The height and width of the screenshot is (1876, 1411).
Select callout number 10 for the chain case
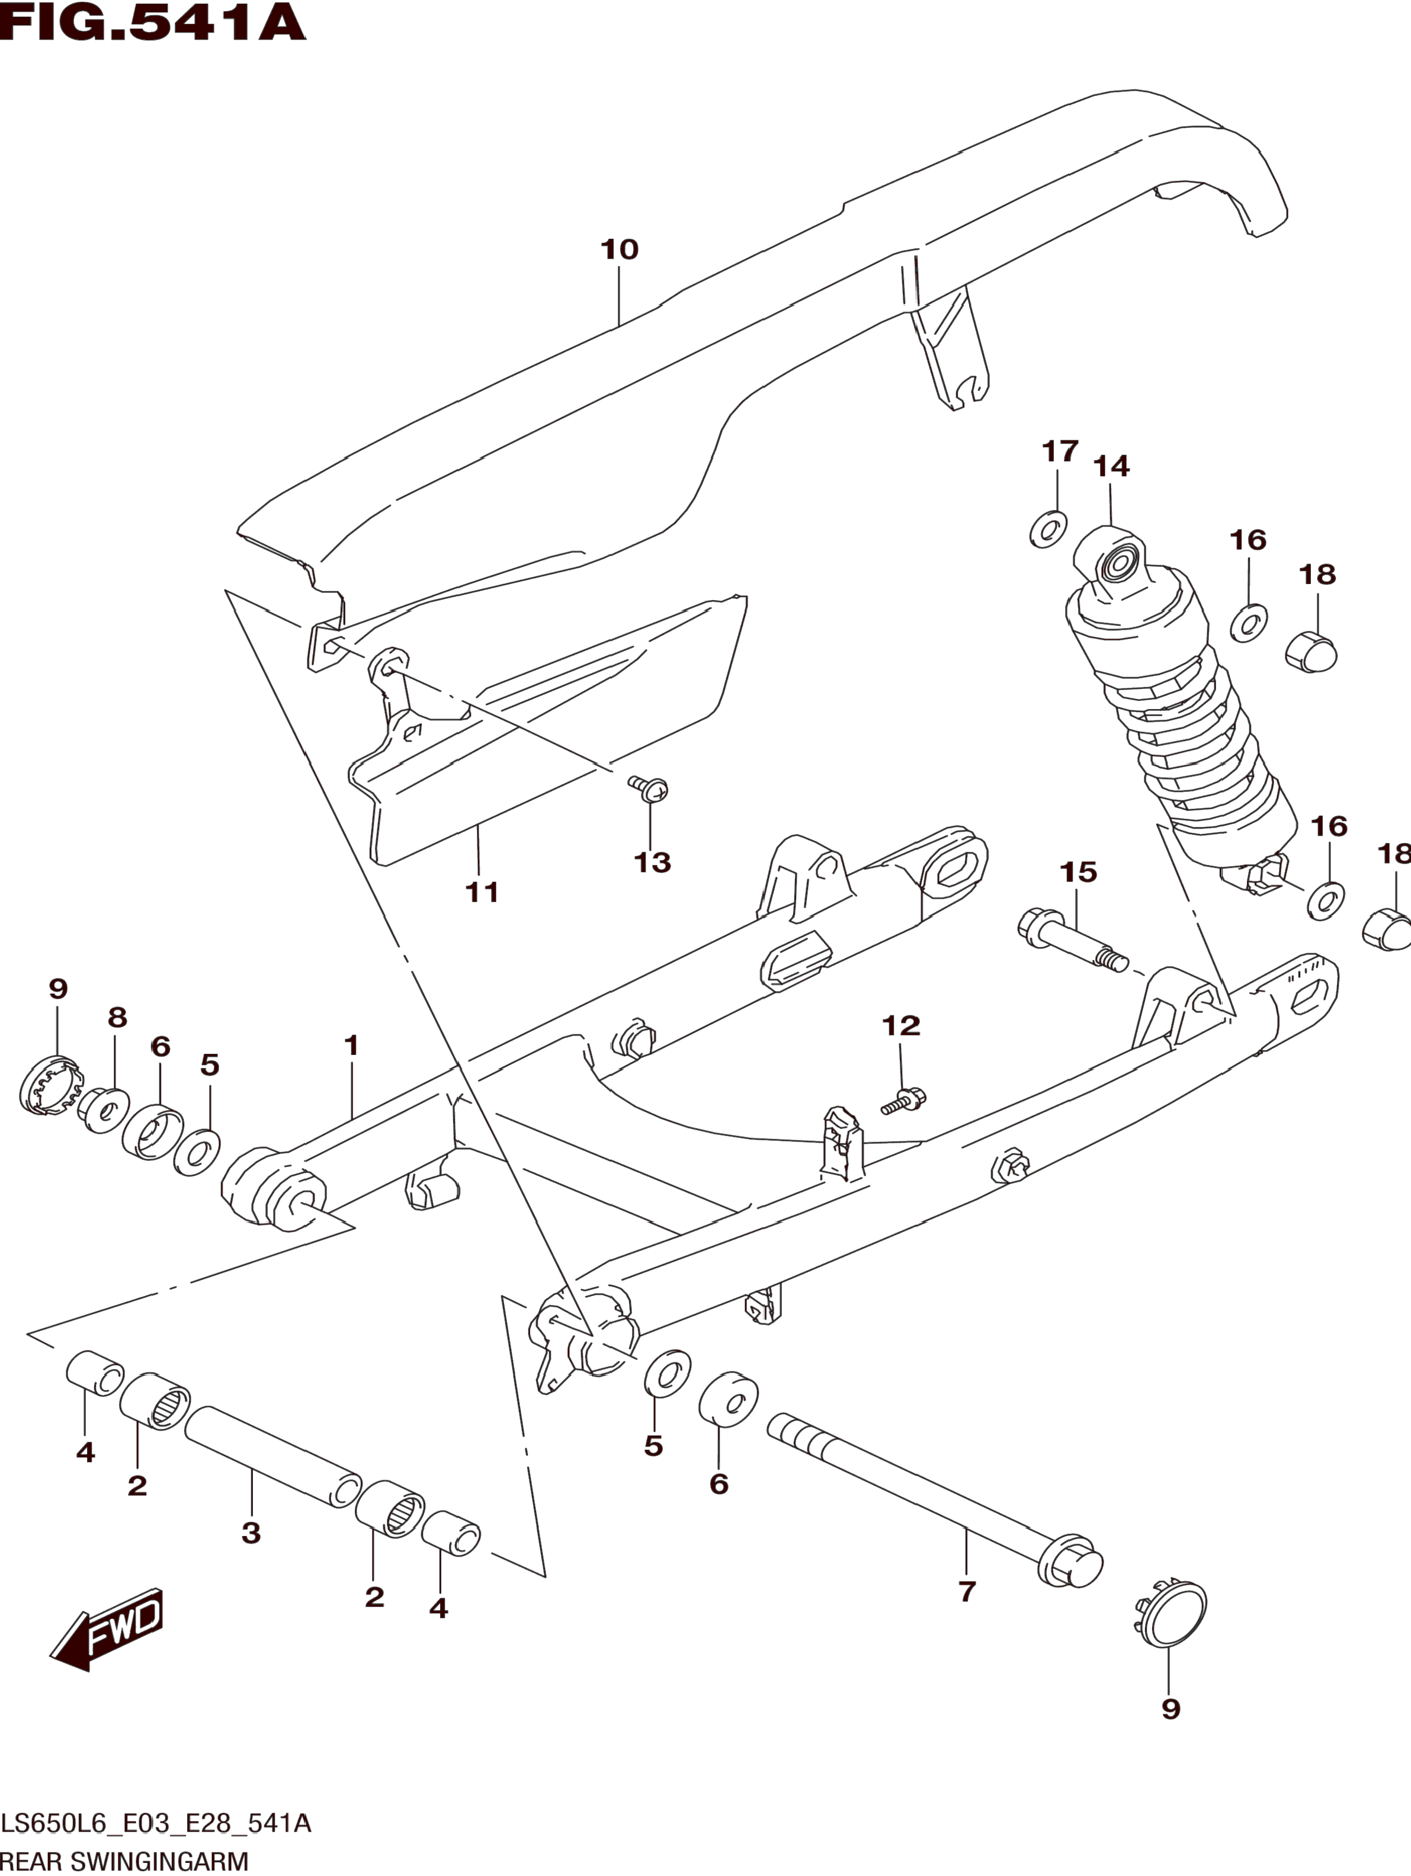click(619, 249)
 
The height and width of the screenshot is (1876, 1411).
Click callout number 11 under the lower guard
click(482, 892)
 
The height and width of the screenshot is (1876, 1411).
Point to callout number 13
click(652, 862)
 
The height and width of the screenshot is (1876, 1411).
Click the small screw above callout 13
click(649, 788)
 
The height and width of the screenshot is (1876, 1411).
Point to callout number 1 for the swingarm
click(351, 1045)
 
